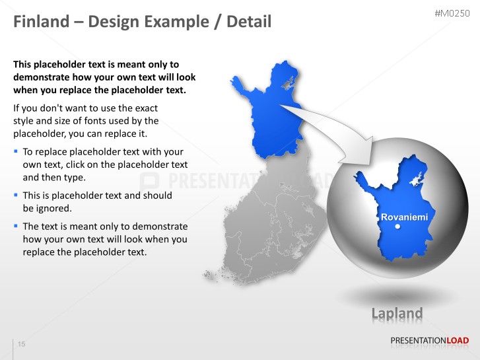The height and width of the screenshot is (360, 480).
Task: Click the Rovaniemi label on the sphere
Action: point(404,217)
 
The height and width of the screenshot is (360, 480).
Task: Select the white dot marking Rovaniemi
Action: point(397,227)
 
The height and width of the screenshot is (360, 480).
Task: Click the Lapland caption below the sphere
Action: point(396,313)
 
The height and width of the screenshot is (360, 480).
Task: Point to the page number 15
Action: point(22,345)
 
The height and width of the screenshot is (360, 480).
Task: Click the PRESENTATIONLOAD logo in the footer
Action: point(429,341)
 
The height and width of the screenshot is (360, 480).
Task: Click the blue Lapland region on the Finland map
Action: point(274,119)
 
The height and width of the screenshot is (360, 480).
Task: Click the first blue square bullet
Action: point(16,152)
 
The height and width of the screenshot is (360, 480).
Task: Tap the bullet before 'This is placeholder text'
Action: point(16,196)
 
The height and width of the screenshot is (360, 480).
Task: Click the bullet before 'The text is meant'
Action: point(16,226)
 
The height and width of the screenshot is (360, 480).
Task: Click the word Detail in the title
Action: point(249,22)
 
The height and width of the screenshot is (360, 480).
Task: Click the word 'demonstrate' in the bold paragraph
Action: point(44,77)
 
